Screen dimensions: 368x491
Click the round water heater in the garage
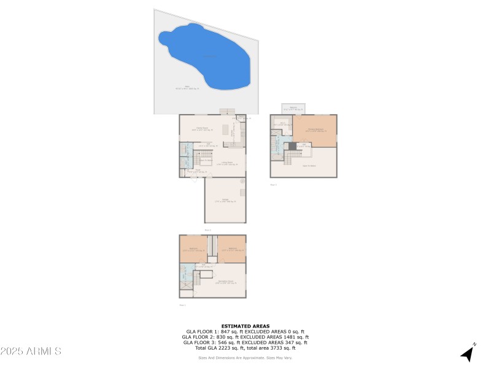(x=242, y=182)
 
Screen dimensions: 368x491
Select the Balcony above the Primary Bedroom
(x=295, y=109)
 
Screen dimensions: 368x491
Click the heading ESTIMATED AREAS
(x=245, y=326)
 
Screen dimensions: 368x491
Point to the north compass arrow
(x=469, y=353)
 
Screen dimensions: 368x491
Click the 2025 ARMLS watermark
(x=31, y=351)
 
